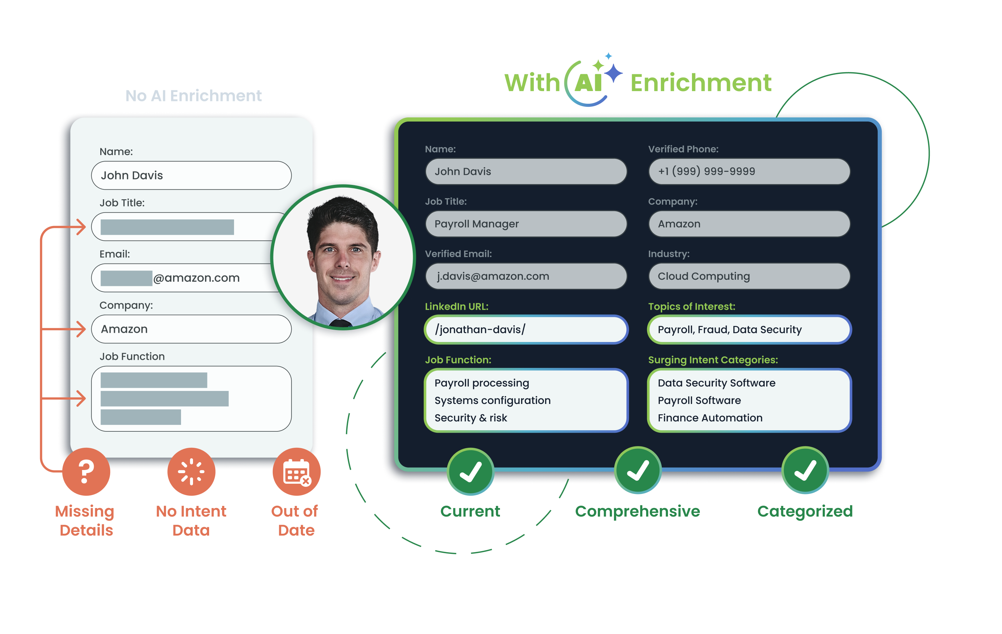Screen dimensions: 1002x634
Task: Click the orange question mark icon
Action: pos(86,471)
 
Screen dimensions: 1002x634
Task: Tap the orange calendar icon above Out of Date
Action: pos(296,471)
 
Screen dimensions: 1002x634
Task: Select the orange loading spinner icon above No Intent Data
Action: pos(191,471)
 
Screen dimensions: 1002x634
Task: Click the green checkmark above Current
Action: pos(471,471)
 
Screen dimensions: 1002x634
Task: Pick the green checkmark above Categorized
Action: pos(805,470)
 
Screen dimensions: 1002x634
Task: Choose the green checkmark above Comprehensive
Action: pos(638,470)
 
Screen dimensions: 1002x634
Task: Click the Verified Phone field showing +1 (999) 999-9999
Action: pos(749,171)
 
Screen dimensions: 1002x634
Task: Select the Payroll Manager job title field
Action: pos(526,224)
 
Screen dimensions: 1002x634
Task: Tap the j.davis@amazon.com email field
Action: pos(526,276)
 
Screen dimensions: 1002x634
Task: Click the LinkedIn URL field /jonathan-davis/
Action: pos(526,329)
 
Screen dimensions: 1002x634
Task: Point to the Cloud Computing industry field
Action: pos(749,276)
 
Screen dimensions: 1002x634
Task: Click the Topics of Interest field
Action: pos(749,329)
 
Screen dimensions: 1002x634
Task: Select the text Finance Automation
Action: pos(710,418)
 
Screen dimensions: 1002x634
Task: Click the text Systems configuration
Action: pos(492,401)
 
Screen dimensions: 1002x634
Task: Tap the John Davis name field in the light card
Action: pos(191,175)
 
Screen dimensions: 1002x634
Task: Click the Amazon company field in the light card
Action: pos(191,329)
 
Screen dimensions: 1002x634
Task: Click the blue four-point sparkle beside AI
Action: pos(613,74)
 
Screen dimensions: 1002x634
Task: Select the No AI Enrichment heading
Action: pos(193,96)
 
